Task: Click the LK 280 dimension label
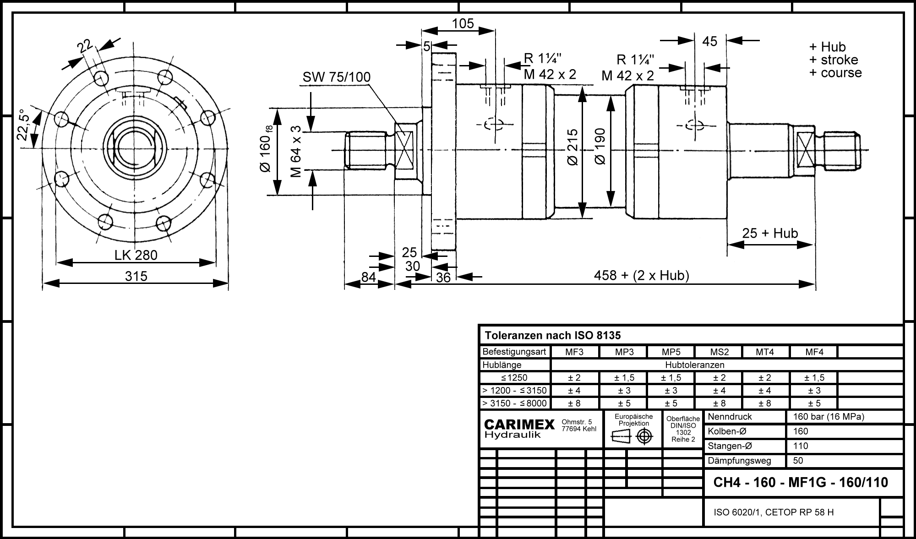tap(136, 255)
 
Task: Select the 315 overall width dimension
tap(136, 276)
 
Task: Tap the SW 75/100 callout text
tap(336, 77)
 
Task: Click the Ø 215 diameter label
tap(572, 147)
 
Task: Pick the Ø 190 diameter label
tap(600, 147)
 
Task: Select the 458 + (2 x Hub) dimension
tap(641, 275)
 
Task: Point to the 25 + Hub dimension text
tap(770, 233)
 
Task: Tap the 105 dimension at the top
tap(463, 23)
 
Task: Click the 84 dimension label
tap(369, 277)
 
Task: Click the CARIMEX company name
tap(519, 425)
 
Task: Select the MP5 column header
tap(671, 352)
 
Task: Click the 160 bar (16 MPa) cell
tap(828, 417)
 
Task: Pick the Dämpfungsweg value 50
tap(798, 461)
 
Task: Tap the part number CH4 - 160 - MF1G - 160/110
tap(801, 482)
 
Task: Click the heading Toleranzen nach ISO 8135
tap(553, 335)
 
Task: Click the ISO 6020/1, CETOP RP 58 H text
tap(774, 512)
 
